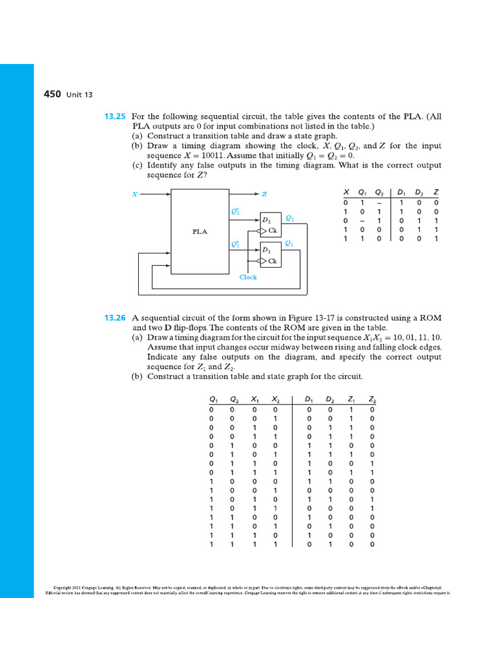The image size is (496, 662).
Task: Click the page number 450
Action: coord(52,94)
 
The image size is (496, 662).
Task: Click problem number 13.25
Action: coord(115,116)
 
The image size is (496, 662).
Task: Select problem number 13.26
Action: coord(115,318)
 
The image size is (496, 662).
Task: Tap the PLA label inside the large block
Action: coord(200,231)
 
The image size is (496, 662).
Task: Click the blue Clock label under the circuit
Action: coord(248,277)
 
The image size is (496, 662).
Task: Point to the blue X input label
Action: coord(134,193)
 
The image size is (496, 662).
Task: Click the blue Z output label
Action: coord(264,193)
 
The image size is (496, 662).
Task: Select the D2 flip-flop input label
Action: coord(266,220)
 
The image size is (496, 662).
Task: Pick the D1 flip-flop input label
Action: coord(266,250)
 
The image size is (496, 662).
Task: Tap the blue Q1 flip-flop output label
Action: coord(289,244)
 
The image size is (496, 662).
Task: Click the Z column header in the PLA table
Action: coord(437,193)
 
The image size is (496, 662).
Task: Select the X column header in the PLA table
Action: coord(347,193)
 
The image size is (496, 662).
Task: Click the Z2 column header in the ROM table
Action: coord(372,400)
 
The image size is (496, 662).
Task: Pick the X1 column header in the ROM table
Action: coord(255,400)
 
